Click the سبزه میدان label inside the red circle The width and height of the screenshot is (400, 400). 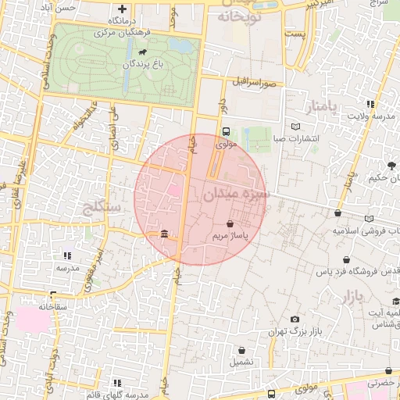[x=237, y=193]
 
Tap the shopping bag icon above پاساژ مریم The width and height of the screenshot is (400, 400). [x=229, y=223]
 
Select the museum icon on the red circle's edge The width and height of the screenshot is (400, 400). [x=165, y=234]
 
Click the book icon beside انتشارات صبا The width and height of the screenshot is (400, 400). [x=295, y=127]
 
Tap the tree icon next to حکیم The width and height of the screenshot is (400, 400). [x=391, y=165]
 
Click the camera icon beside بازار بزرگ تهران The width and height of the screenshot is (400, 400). [x=294, y=319]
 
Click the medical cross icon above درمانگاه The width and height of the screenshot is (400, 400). [x=122, y=9]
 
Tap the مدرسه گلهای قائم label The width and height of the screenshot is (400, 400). [x=117, y=392]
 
